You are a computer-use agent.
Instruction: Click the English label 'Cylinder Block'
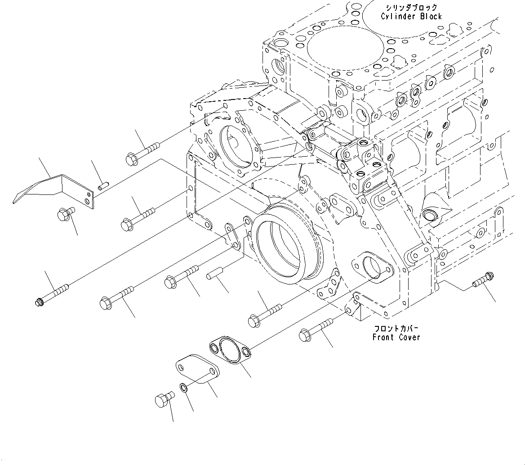pyautogui.click(x=411, y=17)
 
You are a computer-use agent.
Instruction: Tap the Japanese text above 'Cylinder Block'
pyautogui.click(x=411, y=8)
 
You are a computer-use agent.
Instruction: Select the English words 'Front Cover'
pyautogui.click(x=396, y=337)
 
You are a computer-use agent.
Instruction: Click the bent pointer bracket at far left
pyautogui.click(x=54, y=189)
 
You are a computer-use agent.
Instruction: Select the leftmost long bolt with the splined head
pyautogui.click(x=52, y=294)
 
